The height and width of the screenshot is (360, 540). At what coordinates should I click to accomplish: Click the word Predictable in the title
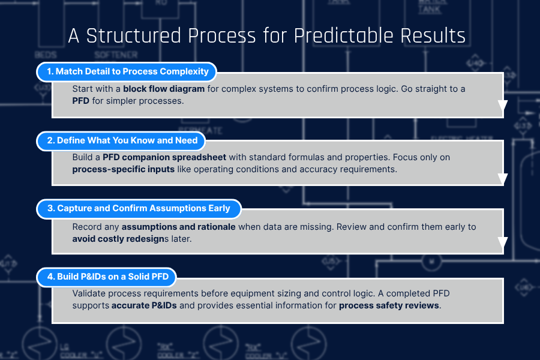[x=343, y=36]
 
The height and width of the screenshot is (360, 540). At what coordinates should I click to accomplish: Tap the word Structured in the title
[x=133, y=36]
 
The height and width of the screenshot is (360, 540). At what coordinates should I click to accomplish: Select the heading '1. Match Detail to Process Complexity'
[x=127, y=71]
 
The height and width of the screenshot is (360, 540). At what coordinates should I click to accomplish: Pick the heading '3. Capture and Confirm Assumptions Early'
[x=139, y=208]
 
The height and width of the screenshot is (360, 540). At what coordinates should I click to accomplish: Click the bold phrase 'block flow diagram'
[x=164, y=89]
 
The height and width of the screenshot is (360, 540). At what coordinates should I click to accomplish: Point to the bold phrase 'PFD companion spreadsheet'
[x=164, y=157]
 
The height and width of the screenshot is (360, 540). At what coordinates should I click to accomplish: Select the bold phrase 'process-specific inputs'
[x=123, y=169]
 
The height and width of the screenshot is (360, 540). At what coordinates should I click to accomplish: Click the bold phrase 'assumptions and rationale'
[x=178, y=227]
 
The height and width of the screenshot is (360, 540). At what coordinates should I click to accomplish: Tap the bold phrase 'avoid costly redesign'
[x=118, y=239]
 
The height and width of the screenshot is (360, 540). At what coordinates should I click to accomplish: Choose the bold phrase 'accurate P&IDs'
[x=144, y=305]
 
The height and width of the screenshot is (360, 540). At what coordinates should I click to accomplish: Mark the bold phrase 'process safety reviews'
[x=389, y=305]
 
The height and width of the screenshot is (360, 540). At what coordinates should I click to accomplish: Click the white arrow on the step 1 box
[x=503, y=106]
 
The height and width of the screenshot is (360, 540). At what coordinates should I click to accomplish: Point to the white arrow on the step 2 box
[x=503, y=179]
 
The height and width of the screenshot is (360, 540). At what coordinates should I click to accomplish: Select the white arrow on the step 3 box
[x=503, y=242]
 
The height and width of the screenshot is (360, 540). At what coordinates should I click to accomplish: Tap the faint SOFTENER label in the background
[x=116, y=55]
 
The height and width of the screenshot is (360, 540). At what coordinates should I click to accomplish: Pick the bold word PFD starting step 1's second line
[x=81, y=101]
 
